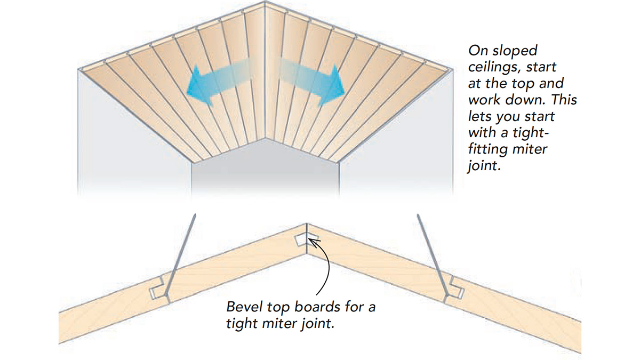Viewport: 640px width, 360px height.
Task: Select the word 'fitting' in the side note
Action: (x=490, y=150)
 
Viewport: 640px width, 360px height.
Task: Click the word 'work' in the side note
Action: (x=484, y=100)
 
